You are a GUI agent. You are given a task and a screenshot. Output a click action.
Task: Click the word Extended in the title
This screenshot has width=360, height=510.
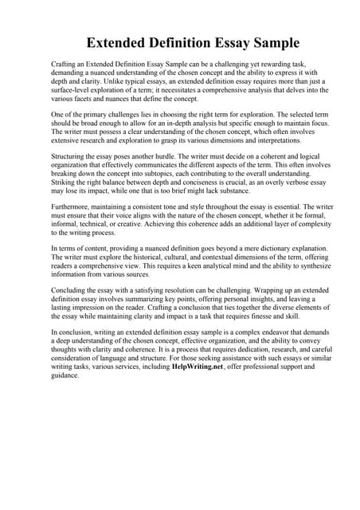121,42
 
